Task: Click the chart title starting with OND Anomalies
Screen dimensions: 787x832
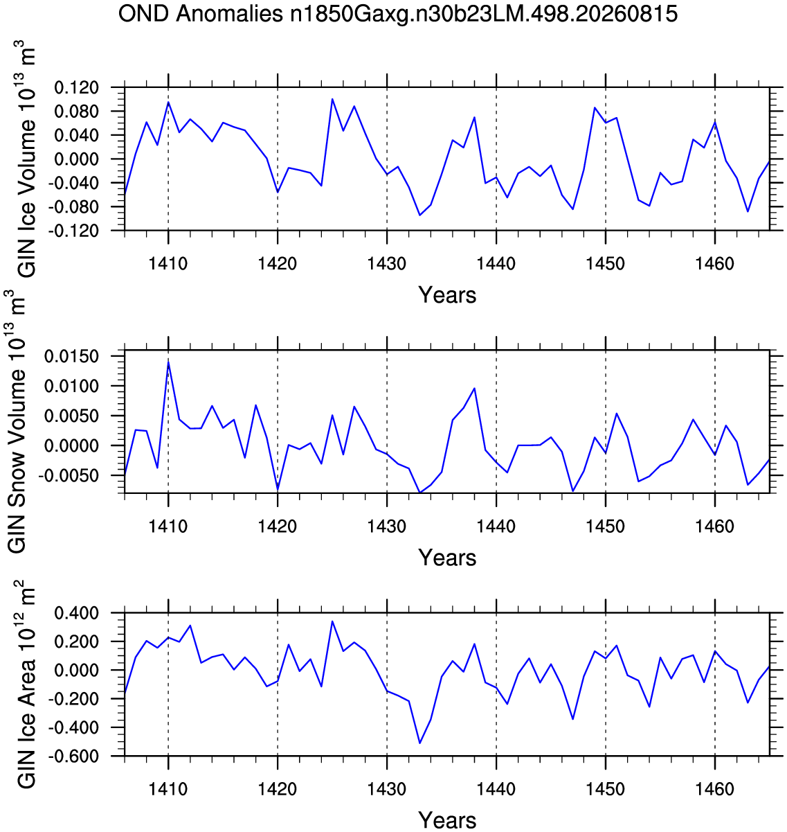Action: pos(397,14)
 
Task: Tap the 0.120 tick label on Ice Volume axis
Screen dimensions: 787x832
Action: pos(76,88)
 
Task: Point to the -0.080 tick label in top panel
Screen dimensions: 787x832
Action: pos(73,207)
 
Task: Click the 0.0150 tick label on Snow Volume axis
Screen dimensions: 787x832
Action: pos(71,357)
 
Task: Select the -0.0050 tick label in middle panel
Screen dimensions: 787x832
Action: pos(68,476)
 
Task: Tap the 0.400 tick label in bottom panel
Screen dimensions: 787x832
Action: pos(76,612)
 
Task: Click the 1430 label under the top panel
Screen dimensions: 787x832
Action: pos(386,264)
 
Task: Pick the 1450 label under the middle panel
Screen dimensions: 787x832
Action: pos(605,526)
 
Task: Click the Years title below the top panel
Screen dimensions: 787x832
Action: pos(447,295)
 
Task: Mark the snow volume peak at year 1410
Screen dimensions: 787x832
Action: pos(168,362)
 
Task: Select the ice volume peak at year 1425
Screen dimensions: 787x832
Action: pos(332,99)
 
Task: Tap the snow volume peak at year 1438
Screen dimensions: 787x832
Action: pos(474,388)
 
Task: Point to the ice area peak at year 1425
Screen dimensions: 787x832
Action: pos(332,621)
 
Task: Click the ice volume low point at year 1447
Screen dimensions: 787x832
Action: pos(572,209)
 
